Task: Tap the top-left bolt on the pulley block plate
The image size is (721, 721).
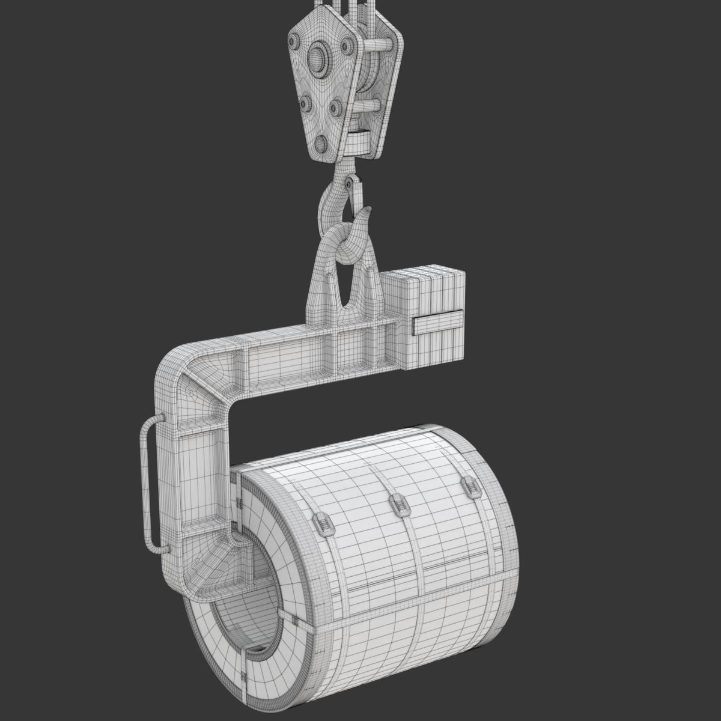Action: pyautogui.click(x=293, y=41)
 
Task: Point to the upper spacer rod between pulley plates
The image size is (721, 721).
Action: pyautogui.click(x=379, y=44)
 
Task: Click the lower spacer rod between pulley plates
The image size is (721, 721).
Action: pyautogui.click(x=368, y=106)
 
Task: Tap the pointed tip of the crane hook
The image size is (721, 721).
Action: pyautogui.click(x=368, y=210)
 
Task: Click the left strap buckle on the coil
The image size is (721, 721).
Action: pyautogui.click(x=323, y=525)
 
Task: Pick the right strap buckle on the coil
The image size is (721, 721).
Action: pyautogui.click(x=470, y=487)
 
